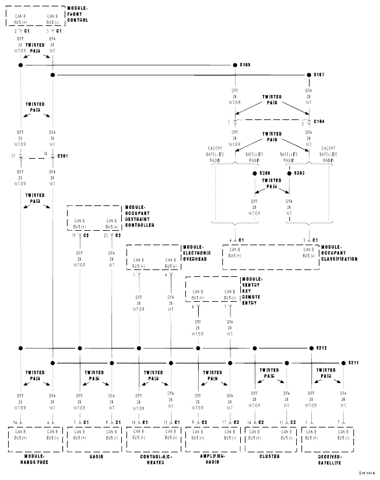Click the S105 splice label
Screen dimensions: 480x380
coord(245,65)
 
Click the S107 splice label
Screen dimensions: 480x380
coord(319,74)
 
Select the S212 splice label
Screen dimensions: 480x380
coord(321,348)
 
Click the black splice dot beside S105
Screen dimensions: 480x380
coord(234,65)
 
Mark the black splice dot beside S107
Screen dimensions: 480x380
coord(308,74)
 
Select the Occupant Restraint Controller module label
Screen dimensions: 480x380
coord(140,217)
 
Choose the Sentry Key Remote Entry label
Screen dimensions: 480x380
coord(254,290)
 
